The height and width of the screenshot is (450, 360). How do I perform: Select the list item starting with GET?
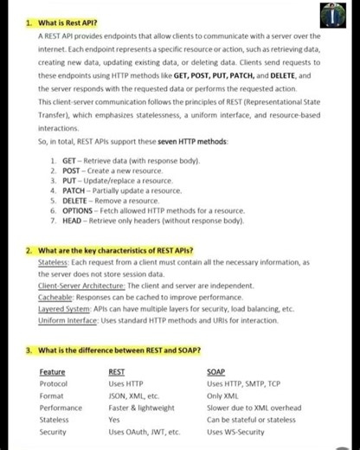[130, 161]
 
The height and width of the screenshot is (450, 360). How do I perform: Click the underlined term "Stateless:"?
[54, 262]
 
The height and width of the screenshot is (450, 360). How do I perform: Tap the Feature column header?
[52, 372]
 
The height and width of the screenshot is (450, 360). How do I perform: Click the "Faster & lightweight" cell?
[141, 408]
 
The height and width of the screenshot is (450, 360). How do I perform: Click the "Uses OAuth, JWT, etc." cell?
[145, 431]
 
